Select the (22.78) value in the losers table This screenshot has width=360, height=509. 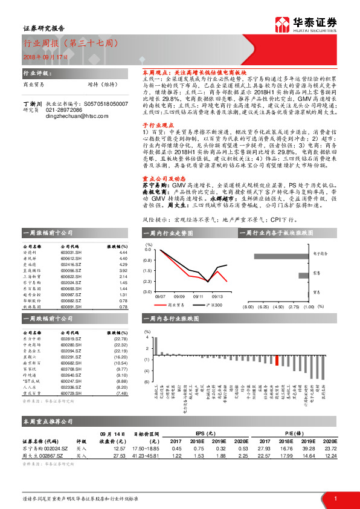121,339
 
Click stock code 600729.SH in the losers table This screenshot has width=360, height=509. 71,394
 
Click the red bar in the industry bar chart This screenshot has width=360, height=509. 277,360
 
